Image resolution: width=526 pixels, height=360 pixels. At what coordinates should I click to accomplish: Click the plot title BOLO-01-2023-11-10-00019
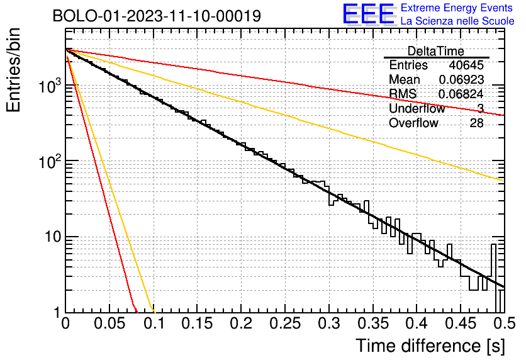[157, 16]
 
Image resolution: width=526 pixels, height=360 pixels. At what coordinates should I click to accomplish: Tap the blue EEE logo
[368, 14]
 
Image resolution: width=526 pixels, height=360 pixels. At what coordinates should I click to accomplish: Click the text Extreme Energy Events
[457, 8]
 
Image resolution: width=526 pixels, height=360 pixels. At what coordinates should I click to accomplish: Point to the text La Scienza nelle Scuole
[457, 21]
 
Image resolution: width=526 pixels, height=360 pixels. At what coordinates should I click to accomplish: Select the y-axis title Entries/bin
[13, 70]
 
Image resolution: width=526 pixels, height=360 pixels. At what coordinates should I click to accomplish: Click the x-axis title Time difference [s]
[430, 346]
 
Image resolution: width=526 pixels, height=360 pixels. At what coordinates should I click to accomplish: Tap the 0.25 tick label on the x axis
[285, 323]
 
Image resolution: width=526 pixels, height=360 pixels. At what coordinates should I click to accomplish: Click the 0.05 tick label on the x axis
[109, 323]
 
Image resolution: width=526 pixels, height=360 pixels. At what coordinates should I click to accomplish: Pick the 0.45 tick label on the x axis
[461, 323]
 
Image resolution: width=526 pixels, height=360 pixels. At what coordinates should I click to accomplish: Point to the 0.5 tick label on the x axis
[505, 323]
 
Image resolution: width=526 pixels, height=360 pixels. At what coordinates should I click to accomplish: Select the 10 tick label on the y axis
[53, 237]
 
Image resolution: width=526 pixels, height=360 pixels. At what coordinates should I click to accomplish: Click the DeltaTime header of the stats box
[436, 51]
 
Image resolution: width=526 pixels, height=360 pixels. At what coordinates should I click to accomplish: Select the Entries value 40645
[466, 65]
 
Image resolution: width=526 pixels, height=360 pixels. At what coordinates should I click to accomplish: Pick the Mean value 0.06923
[462, 79]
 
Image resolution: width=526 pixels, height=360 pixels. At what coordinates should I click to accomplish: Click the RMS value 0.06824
[461, 94]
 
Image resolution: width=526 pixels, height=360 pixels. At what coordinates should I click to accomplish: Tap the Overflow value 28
[477, 123]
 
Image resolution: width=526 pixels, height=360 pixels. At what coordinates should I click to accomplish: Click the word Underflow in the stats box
[417, 108]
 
